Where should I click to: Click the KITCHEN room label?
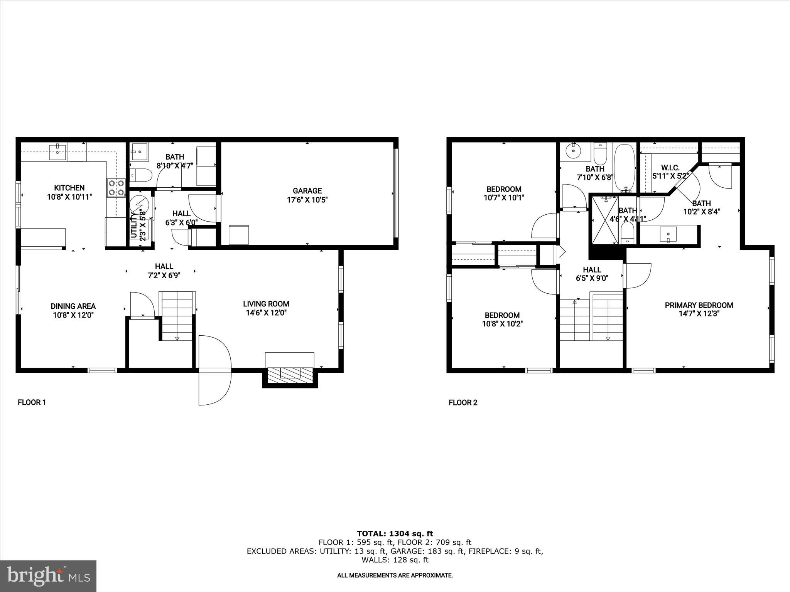click(69, 188)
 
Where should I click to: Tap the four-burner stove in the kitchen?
click(116, 188)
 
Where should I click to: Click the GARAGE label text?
click(307, 190)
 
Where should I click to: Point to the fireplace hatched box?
click(290, 375)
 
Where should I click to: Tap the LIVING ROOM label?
click(266, 304)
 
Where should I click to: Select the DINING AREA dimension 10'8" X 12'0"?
click(73, 315)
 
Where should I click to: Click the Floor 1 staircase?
click(177, 316)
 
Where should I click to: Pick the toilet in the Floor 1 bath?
click(140, 176)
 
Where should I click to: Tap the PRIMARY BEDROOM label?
click(699, 305)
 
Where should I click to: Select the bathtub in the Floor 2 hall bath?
click(624, 168)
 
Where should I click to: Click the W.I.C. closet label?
click(670, 168)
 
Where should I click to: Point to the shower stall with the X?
click(604, 220)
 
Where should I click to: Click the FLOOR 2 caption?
click(463, 403)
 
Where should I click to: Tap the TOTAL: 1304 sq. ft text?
click(395, 533)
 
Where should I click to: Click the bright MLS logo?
click(48, 575)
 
